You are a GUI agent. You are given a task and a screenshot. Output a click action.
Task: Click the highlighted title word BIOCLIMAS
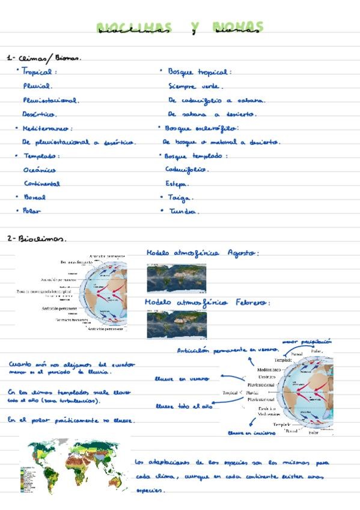[x=134, y=28]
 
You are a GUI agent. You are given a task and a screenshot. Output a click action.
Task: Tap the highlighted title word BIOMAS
[x=237, y=28]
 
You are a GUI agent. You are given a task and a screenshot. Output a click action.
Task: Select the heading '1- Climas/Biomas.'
[x=43, y=58]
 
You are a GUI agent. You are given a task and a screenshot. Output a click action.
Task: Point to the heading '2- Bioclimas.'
[x=37, y=238]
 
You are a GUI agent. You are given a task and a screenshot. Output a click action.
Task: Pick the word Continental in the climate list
[x=42, y=183]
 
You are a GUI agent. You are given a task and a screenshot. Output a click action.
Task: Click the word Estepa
[x=177, y=183]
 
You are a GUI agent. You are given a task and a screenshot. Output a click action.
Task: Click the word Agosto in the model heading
[x=242, y=253]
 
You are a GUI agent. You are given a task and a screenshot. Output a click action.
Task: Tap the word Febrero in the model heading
[x=252, y=302]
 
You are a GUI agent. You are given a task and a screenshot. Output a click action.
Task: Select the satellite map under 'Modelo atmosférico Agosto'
[x=176, y=278]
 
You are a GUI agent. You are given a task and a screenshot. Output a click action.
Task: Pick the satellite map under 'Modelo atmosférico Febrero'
[x=176, y=324]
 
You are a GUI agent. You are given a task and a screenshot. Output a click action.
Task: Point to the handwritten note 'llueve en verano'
[x=182, y=379]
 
